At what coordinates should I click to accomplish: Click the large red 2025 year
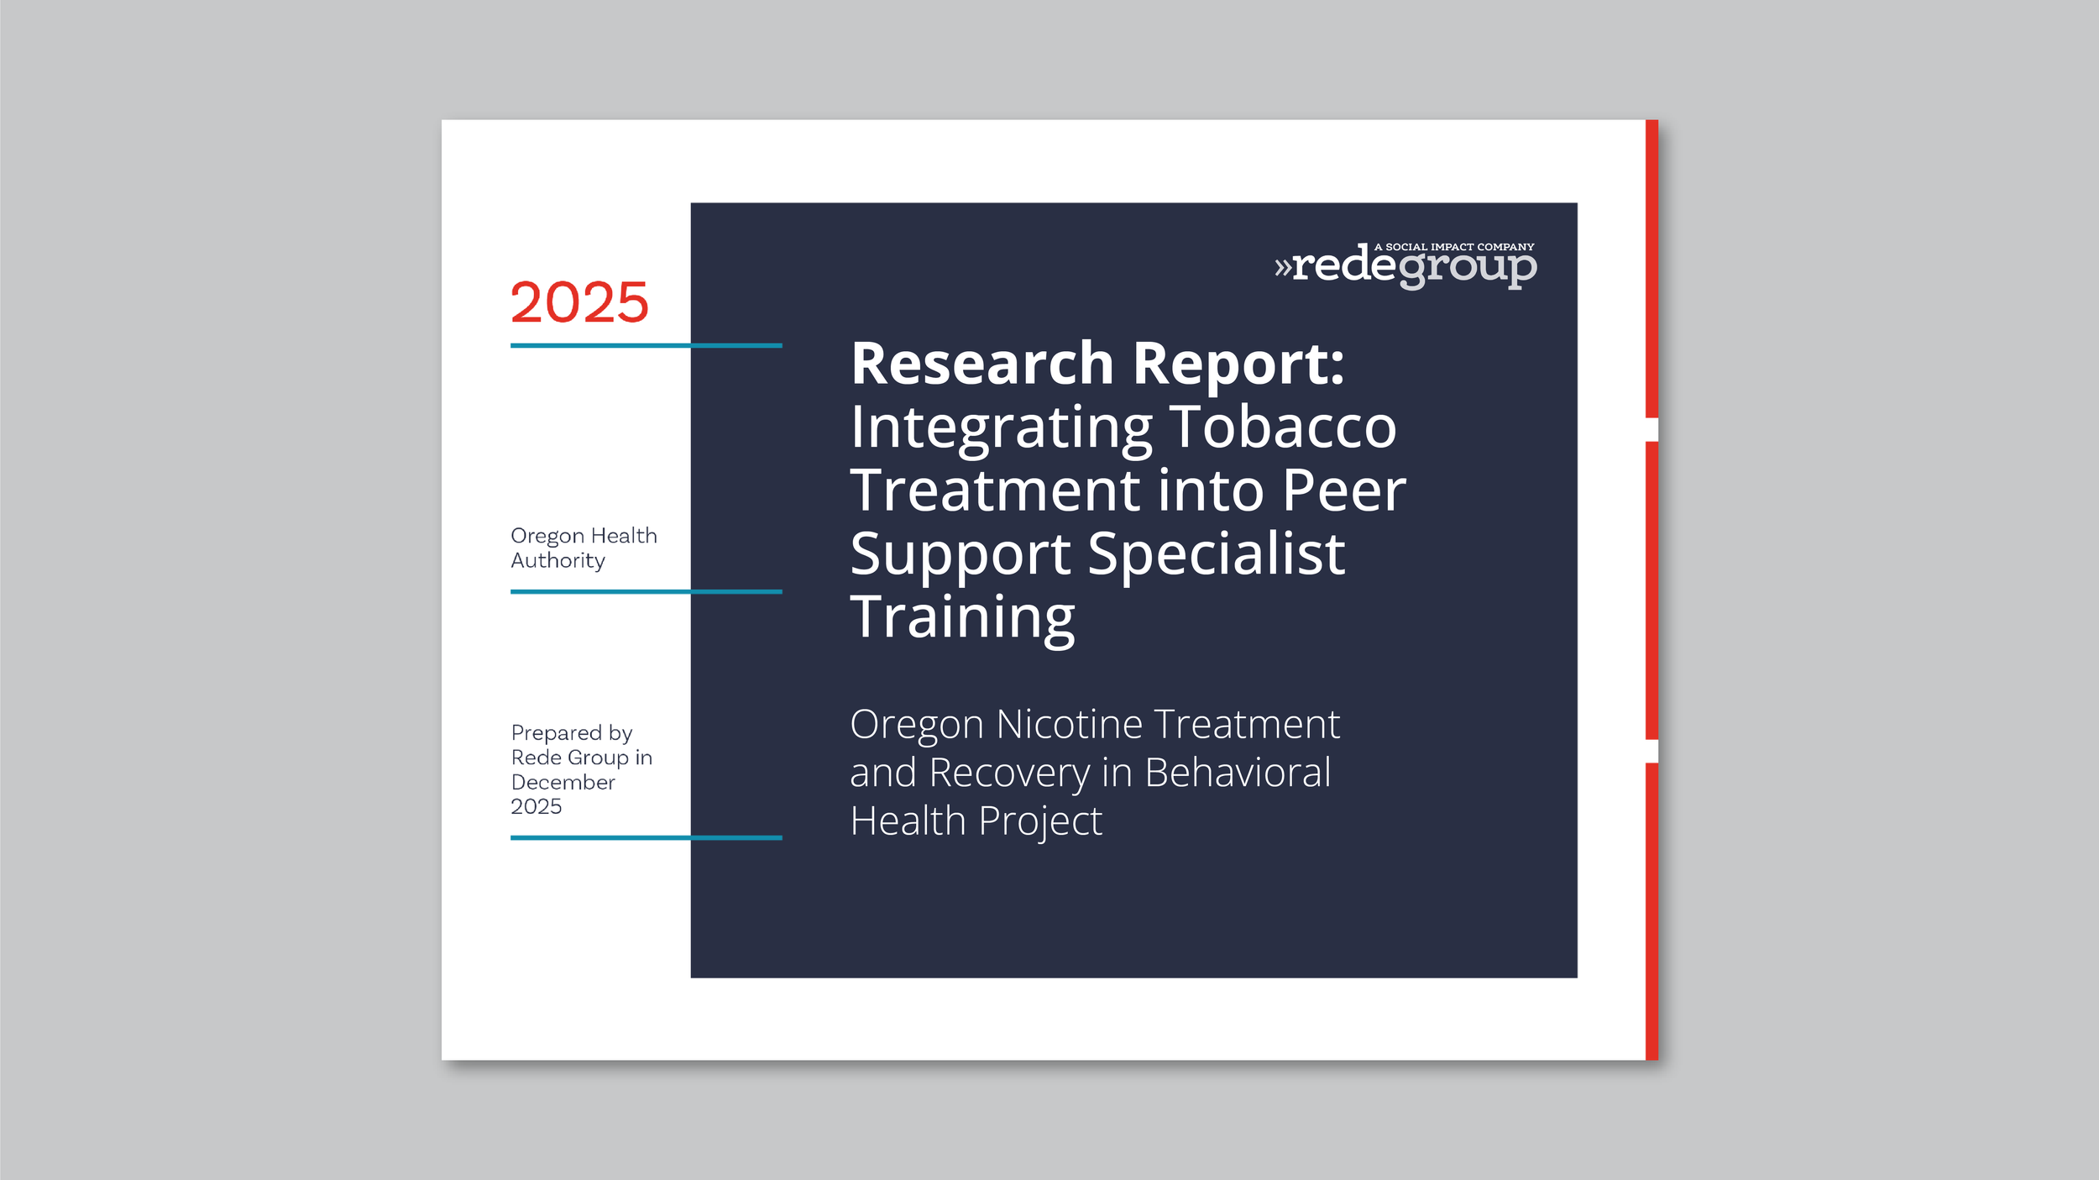pos(579,302)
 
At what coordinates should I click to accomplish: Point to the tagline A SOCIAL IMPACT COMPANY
pos(1453,247)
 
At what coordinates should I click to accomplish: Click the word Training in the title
pos(962,617)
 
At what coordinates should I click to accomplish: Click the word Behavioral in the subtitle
pos(1238,772)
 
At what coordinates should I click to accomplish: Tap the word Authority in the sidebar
pos(557,560)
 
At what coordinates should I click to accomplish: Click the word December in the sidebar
pos(563,782)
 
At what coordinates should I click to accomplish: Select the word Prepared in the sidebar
pos(556,732)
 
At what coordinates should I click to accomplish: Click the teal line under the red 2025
pos(646,345)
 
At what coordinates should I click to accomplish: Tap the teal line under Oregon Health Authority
pos(646,591)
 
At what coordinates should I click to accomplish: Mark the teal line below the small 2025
pos(646,837)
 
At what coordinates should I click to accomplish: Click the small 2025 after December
pos(536,806)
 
